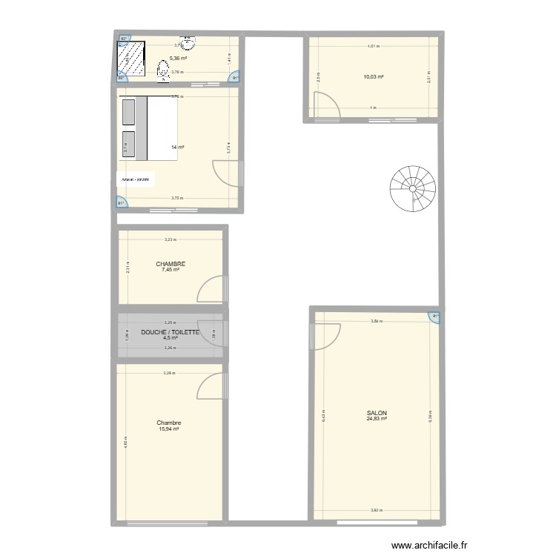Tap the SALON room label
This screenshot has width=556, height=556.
(377, 413)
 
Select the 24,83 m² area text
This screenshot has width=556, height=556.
(377, 419)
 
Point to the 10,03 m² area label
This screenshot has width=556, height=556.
(373, 76)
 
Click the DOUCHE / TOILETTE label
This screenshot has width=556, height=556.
(171, 332)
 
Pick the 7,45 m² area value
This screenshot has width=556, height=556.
(171, 270)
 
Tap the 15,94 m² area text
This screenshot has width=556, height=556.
(169, 428)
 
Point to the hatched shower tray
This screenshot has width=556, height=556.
(134, 60)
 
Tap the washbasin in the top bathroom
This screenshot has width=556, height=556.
(187, 43)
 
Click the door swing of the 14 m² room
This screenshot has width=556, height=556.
(225, 173)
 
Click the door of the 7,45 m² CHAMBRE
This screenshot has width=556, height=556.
(211, 288)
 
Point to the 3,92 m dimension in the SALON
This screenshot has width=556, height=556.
(377, 510)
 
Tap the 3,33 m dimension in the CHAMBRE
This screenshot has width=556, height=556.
(171, 239)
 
